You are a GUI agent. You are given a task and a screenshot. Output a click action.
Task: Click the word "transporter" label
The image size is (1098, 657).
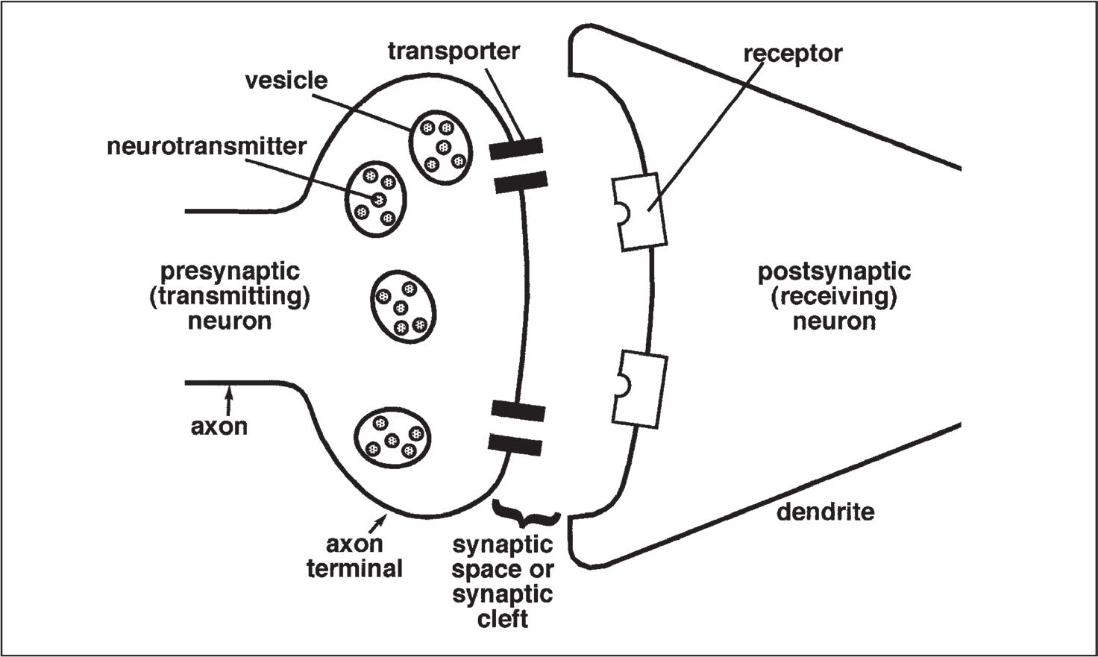454,51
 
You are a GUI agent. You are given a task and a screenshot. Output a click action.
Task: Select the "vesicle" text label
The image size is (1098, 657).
286,81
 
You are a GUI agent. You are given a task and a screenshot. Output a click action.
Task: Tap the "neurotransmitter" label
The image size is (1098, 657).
207,146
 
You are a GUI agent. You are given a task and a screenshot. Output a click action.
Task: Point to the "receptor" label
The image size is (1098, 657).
793,54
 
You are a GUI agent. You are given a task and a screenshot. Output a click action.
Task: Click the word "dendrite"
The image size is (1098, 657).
825,512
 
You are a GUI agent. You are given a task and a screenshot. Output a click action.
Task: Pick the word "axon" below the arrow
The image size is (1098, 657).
219,427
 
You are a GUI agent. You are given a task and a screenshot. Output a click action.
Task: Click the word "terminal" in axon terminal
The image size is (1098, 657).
354,569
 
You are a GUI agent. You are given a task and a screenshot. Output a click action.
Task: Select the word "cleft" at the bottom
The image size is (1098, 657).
503,619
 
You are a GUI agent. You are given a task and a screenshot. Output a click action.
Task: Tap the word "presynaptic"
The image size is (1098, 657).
230,271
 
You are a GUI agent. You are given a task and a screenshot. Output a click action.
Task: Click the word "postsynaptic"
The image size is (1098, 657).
834,271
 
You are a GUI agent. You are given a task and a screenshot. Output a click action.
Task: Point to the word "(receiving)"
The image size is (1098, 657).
834,297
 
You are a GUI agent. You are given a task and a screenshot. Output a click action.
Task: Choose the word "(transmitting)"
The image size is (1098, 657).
230,297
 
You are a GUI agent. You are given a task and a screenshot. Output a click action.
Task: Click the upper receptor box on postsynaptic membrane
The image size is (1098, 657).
639,211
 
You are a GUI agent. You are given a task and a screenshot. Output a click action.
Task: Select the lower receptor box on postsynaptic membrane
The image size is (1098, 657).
640,391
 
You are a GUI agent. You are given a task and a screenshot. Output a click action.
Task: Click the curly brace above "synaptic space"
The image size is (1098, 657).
526,514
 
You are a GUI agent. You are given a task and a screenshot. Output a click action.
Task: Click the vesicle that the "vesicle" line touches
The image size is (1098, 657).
441,147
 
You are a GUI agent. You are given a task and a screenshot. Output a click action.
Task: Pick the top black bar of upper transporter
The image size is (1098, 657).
516,149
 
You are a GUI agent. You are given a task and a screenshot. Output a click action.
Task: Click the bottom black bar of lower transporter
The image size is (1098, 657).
515,445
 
